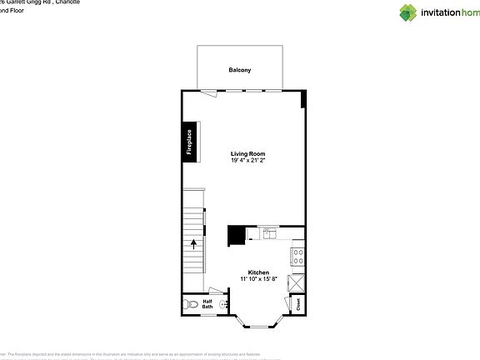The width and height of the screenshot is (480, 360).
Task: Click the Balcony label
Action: coord(240,70)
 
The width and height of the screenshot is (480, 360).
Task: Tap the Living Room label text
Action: coord(248,153)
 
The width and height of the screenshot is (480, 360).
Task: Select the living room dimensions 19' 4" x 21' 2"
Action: coord(248,160)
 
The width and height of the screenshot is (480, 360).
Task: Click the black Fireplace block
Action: coord(189,142)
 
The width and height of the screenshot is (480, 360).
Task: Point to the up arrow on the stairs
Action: coord(194,243)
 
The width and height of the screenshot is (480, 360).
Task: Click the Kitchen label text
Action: coord(258,272)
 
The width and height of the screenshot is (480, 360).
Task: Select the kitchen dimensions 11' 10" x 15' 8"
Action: coord(258,279)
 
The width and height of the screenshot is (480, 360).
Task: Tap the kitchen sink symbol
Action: coord(270,234)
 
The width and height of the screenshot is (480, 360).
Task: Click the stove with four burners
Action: coord(297,257)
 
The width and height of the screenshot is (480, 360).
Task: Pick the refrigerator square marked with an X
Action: coord(297,282)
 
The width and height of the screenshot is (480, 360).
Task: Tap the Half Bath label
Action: coord(207,304)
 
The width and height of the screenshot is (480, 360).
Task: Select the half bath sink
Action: coord(223,305)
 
